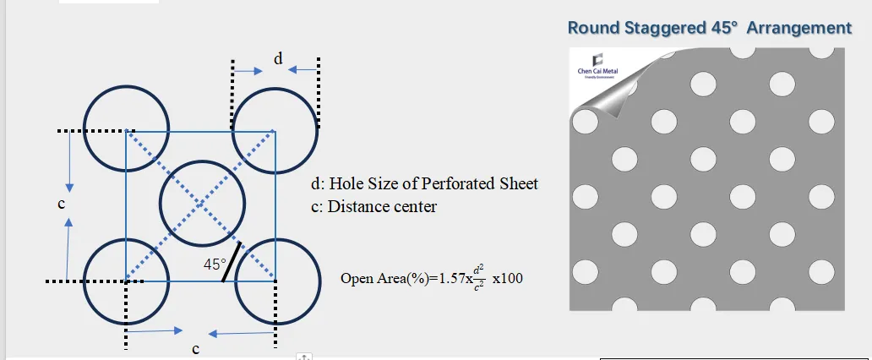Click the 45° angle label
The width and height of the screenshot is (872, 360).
coord(215,264)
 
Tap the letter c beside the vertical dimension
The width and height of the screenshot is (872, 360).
coord(62,204)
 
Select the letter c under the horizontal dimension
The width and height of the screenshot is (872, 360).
coord(195,348)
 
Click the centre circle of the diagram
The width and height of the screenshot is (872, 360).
coord(202,204)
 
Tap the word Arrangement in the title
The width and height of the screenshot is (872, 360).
coord(798,28)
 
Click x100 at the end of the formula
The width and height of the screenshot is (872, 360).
coord(507,278)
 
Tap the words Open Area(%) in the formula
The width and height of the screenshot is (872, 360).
coord(380,278)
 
